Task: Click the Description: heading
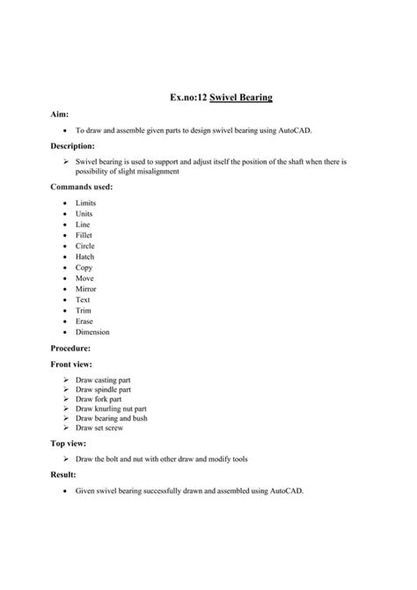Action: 64,145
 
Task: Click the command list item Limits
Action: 84,203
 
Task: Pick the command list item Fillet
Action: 84,235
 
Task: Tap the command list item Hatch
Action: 84,256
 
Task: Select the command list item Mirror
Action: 85,289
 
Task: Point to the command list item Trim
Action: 83,311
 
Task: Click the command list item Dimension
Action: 92,332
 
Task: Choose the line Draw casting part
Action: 103,380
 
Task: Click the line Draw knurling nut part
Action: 111,409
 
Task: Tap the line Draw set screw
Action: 99,428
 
